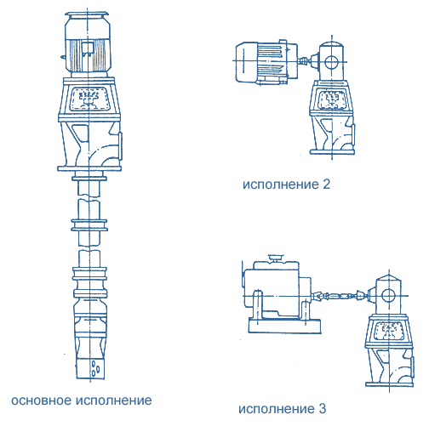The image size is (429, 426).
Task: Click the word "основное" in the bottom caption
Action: click(42, 400)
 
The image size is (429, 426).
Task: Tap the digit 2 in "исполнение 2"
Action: click(327, 185)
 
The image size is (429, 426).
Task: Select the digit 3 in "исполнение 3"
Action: click(323, 409)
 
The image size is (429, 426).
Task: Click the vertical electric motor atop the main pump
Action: click(87, 45)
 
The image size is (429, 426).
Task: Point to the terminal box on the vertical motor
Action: click(88, 48)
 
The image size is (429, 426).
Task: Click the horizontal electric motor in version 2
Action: click(266, 62)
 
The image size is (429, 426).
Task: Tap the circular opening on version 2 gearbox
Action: click(330, 61)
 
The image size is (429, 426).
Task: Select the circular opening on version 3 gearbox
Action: click(388, 296)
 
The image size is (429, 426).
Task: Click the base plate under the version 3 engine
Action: click(284, 326)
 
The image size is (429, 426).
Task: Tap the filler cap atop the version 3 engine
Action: click(275, 258)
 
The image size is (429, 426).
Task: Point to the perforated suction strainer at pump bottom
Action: click(90, 367)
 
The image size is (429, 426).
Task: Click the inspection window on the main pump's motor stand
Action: click(89, 99)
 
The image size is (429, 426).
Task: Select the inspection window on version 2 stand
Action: click(332, 99)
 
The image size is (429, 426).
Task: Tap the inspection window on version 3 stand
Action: click(389, 331)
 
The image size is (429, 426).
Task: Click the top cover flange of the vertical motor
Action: click(87, 14)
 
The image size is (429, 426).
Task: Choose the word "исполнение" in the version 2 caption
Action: click(281, 185)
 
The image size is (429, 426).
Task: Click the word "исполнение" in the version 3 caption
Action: click(277, 409)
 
